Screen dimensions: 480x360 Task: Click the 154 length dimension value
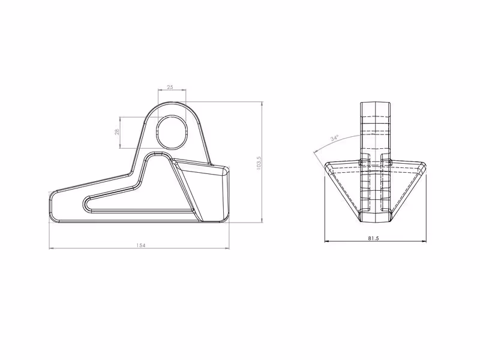click(140, 245)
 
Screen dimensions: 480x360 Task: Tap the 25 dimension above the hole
click(170, 87)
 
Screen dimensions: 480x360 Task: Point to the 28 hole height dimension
click(116, 132)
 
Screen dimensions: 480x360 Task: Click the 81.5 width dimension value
click(373, 238)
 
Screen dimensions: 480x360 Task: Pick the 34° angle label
click(335, 138)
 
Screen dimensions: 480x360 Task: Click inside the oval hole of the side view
click(172, 132)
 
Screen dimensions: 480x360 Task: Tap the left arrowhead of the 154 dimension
click(52, 248)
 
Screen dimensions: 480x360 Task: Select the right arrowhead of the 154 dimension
click(227, 248)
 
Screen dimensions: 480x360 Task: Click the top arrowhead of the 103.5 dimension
click(262, 104)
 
